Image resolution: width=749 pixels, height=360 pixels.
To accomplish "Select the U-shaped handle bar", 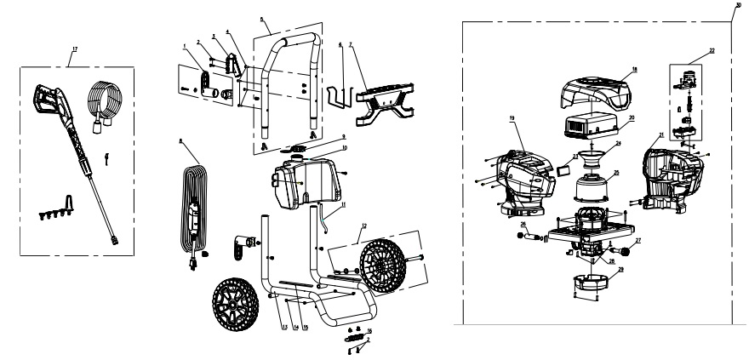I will [x=292, y=77].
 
